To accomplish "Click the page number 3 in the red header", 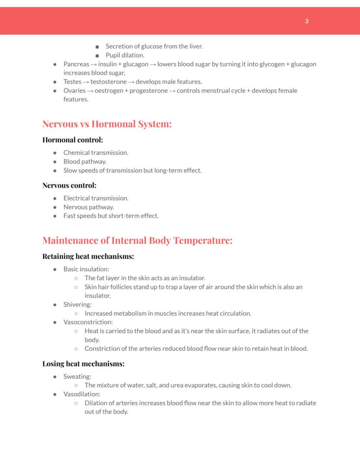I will click(307, 21).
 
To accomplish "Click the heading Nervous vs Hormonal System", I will click(107, 124).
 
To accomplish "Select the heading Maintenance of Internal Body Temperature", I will click(137, 240).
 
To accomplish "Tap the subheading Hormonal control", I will click(73, 140).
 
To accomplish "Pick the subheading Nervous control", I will click(69, 185).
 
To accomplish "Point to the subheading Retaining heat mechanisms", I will click(88, 256).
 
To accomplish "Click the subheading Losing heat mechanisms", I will click(83, 363).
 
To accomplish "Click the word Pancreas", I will click(76, 64).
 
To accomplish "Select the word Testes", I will click(72, 82).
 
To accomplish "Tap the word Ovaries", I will click(74, 91).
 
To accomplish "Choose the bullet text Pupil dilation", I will click(125, 55).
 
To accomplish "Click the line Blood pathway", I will click(85, 161).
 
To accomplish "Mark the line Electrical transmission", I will click(96, 198).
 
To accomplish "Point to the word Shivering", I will click(77, 305).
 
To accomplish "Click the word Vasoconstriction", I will click(88, 322).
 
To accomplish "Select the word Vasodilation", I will click(82, 394).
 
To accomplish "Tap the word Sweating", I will click(77, 376).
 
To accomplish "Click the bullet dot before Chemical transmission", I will click(55, 153).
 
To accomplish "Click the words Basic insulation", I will click(86, 269).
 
